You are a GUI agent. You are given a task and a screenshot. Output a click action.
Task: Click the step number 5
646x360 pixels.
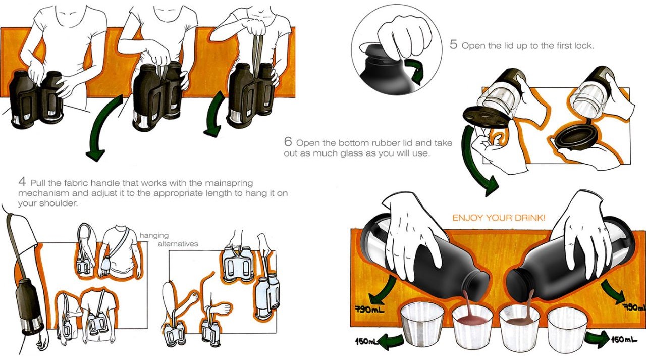[x=453, y=45]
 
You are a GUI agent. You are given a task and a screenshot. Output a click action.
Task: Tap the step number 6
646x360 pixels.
[x=288, y=143]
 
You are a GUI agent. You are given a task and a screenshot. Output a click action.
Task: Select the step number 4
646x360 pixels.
[x=22, y=183]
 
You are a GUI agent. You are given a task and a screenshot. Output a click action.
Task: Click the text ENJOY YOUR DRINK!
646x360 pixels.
[x=499, y=218]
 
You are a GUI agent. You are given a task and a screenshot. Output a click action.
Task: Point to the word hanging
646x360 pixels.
[x=154, y=235]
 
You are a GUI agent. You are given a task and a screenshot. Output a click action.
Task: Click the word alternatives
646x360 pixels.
[x=178, y=244]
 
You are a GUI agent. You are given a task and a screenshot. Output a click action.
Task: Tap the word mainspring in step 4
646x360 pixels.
[x=229, y=183]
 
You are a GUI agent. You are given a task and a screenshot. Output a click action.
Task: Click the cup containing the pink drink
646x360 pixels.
[x=472, y=326]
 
